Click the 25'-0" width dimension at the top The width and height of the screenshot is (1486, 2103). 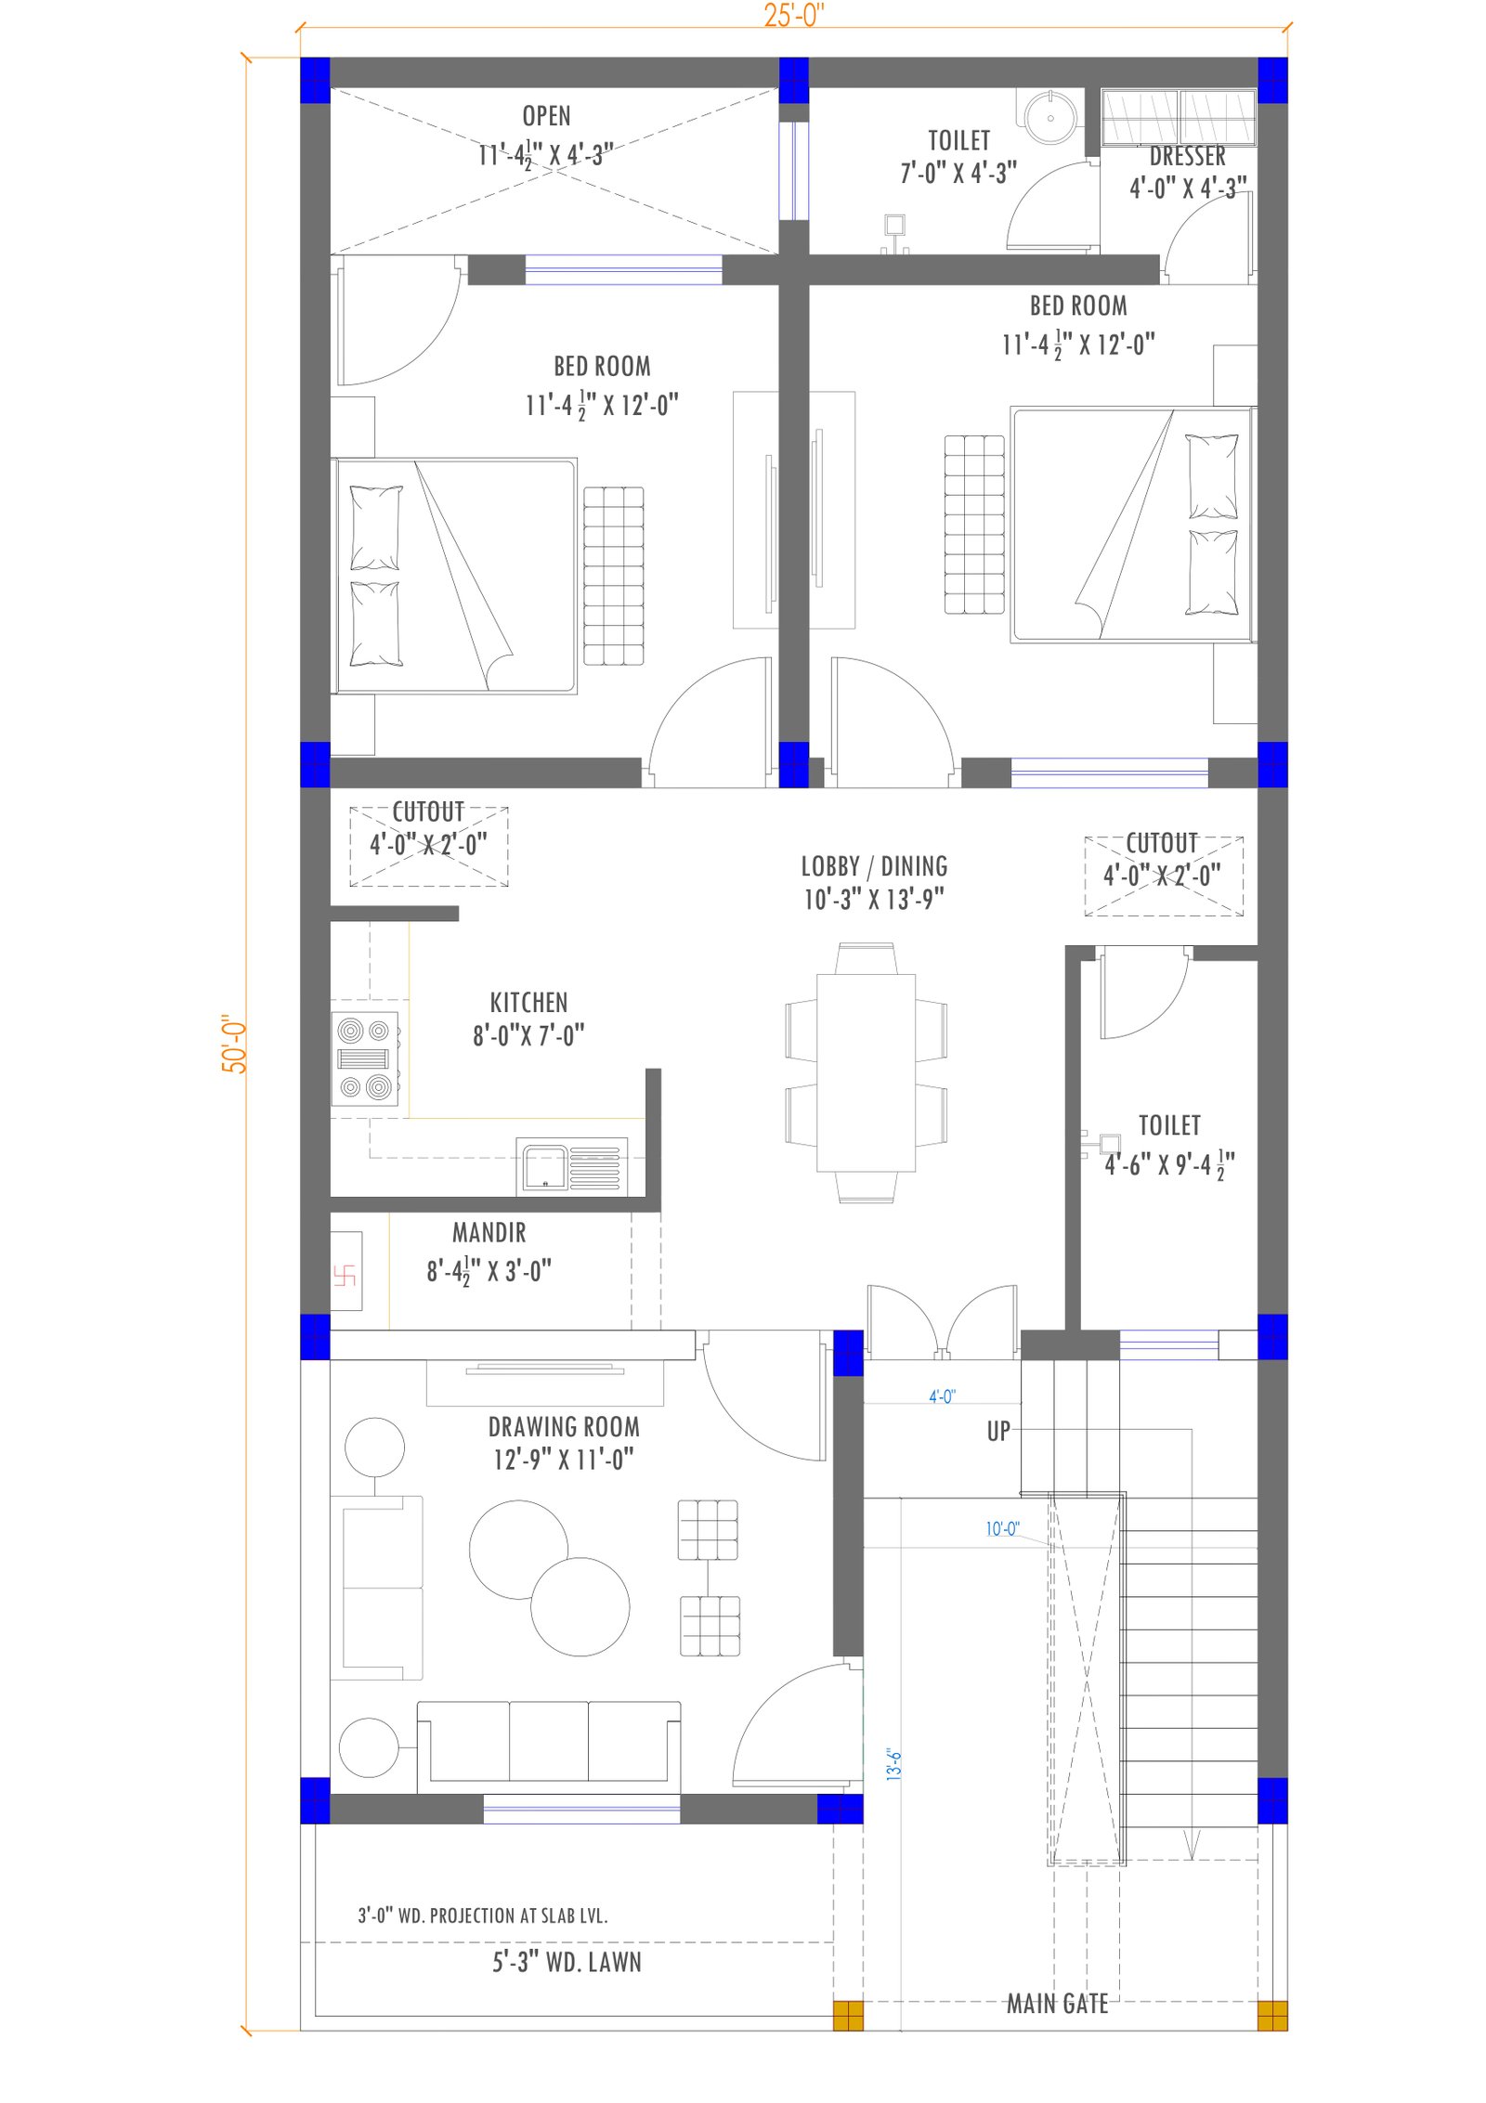[793, 15]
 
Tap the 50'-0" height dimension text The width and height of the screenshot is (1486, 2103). [234, 1044]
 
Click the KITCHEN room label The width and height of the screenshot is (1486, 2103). [528, 1003]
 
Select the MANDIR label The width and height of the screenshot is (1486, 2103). [489, 1232]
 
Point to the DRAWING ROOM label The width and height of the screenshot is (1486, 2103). [564, 1426]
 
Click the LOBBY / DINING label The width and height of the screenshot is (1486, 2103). [874, 866]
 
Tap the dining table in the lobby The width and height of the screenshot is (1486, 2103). [866, 1072]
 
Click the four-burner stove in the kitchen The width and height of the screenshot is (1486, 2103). [365, 1058]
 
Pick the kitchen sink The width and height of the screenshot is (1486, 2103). [572, 1167]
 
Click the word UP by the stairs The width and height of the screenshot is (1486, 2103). [998, 1431]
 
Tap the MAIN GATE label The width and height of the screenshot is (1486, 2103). [1057, 2004]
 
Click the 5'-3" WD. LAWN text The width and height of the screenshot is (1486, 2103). [567, 1962]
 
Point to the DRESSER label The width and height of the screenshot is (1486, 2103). [1187, 156]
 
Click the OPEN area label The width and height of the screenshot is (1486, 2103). [546, 116]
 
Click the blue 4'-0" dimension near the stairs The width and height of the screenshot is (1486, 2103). [942, 1396]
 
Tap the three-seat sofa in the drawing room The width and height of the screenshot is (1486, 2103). [548, 1746]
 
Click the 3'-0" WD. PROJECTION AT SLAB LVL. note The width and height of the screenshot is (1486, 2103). [483, 1915]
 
